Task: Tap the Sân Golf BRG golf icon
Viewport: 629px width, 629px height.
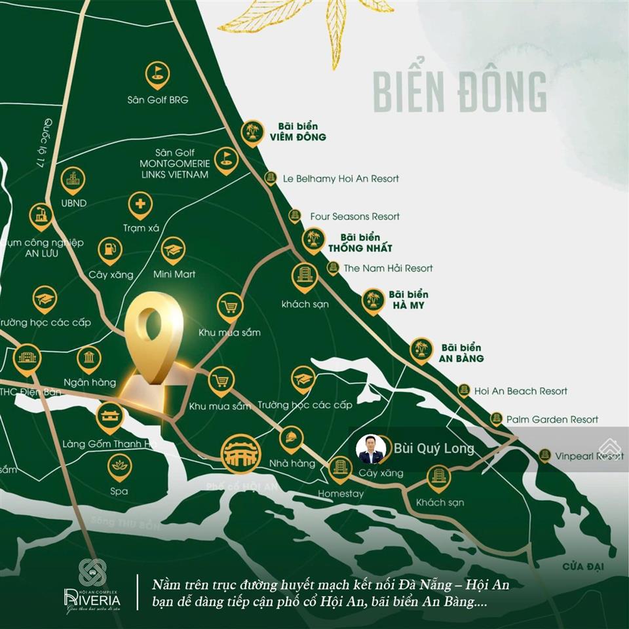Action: click(x=157, y=72)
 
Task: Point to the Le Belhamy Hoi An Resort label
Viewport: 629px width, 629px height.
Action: click(x=341, y=178)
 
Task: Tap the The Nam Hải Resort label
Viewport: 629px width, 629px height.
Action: click(x=388, y=268)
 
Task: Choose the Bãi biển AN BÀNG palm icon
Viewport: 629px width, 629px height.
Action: click(x=421, y=349)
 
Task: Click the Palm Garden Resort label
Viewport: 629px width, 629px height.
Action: click(x=552, y=419)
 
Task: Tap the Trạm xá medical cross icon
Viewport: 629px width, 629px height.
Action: click(x=140, y=205)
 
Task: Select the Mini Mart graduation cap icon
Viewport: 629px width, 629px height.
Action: click(x=174, y=250)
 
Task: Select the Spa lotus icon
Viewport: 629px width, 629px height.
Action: click(x=120, y=467)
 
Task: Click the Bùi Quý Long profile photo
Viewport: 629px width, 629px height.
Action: click(x=371, y=449)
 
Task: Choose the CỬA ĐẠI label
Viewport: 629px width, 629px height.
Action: click(x=585, y=565)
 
